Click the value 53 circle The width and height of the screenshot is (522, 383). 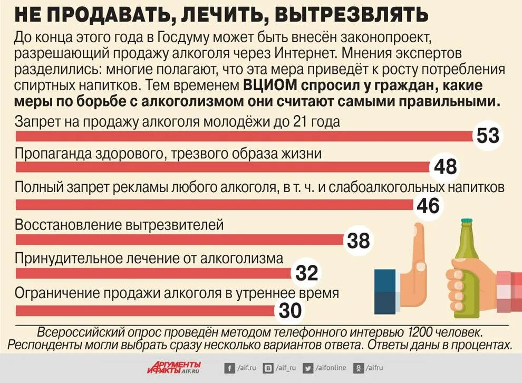488,136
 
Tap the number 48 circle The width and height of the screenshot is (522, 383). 445,167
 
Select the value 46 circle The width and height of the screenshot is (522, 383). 428,205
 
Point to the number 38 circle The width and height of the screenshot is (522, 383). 359,241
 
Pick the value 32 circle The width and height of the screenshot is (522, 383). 306,273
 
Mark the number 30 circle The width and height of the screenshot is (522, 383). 289,310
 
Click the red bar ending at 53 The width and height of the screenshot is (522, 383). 243,136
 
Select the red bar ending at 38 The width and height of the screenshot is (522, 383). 179,240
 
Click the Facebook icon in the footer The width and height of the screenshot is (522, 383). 229,368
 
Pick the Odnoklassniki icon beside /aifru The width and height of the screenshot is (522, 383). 358,368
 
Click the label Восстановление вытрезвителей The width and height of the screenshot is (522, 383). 120,225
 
